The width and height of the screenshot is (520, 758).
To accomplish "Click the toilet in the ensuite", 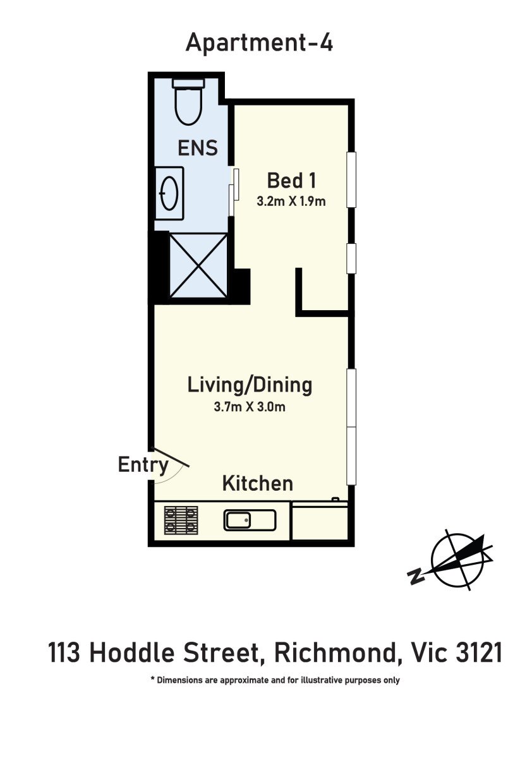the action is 189,102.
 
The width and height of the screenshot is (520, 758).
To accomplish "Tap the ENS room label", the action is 198,148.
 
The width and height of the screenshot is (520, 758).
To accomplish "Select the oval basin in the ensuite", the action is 169,193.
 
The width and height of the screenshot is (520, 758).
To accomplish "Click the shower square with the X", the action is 198,266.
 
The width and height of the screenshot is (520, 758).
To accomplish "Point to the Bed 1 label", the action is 291,181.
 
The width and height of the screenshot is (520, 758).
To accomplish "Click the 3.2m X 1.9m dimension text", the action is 291,202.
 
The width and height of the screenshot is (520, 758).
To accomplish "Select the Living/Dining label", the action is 250,385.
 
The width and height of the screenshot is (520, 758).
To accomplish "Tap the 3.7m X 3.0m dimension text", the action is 250,406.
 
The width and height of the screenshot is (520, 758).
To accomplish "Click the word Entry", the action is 143,465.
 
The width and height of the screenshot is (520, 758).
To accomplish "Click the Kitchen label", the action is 258,484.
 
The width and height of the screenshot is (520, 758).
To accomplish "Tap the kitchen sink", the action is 250,520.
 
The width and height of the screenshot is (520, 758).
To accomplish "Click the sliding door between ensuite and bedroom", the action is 234,192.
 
